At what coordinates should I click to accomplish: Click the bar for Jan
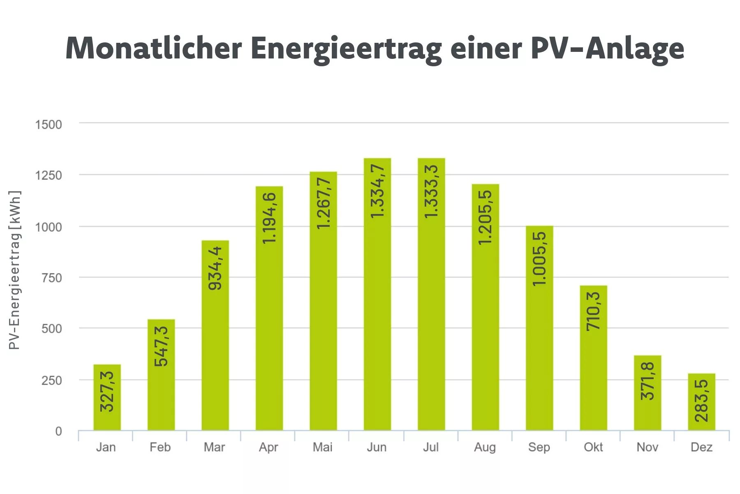[107, 397]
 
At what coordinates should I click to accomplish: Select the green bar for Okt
[593, 358]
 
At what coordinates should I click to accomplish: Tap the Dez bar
[701, 402]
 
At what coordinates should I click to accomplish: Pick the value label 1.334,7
[377, 191]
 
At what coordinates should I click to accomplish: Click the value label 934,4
[215, 268]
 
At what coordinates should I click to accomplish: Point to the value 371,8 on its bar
[647, 381]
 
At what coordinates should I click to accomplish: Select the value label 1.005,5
[539, 259]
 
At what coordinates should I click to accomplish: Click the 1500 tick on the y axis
[49, 125]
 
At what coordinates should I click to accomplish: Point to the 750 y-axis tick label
[52, 278]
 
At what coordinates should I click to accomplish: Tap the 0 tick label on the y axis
[59, 431]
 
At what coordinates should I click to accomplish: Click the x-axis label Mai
[322, 447]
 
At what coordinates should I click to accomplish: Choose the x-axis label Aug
[485, 447]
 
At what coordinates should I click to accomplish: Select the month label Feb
[160, 447]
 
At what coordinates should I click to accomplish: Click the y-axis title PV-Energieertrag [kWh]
[14, 270]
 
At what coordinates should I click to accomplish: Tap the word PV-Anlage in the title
[607, 49]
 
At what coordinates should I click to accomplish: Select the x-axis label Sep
[539, 447]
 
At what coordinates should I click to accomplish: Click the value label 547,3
[162, 346]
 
